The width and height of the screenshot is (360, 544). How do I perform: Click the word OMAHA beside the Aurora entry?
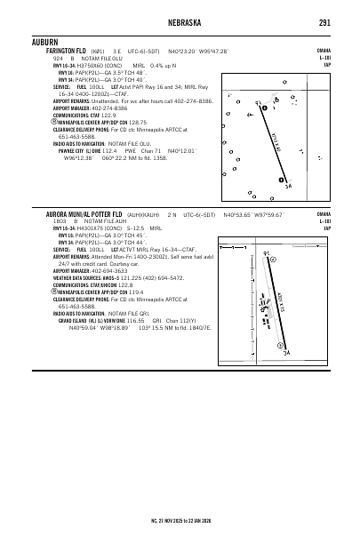[325, 214]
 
